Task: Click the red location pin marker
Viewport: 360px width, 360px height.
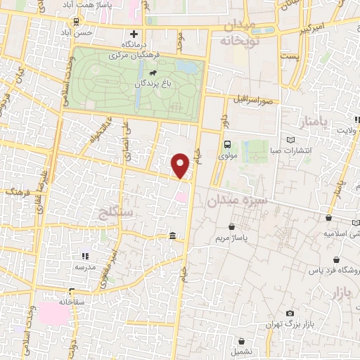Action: (181, 166)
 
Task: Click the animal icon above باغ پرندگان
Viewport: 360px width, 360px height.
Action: (153, 71)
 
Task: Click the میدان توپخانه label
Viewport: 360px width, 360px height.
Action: (243, 33)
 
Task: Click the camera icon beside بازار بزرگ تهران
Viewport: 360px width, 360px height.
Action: (290, 313)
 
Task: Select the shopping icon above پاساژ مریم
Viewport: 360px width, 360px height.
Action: (232, 226)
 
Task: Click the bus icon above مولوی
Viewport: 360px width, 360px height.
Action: (226, 145)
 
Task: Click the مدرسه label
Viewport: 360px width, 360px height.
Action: (84, 267)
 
